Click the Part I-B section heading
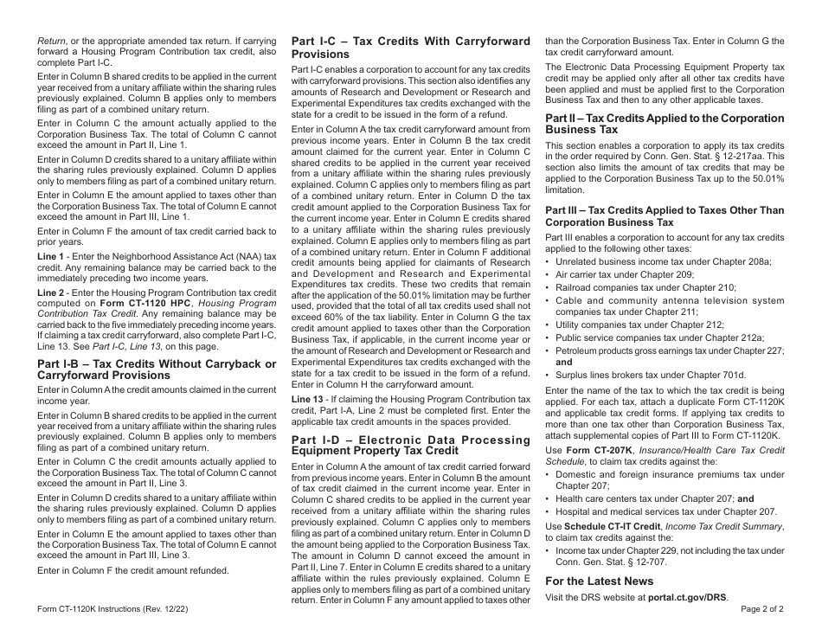pos(157,369)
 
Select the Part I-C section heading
pos(410,47)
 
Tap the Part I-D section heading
pos(410,445)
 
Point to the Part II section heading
pos(664,123)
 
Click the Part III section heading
pos(664,215)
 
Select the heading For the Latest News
pos(599,581)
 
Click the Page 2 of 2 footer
pos(762,608)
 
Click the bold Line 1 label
pos(50,257)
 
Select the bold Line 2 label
pos(50,293)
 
